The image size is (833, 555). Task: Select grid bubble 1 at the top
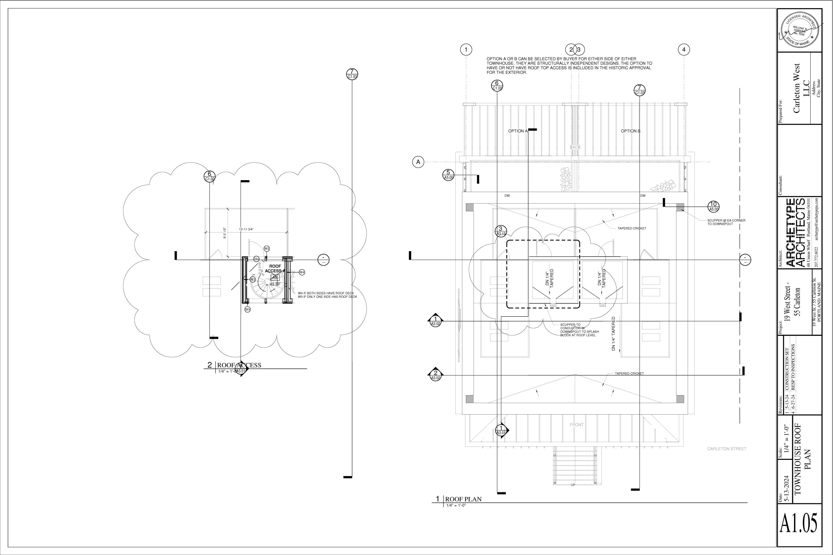[466, 50]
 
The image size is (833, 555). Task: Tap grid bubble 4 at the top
[684, 50]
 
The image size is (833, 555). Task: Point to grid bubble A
[418, 162]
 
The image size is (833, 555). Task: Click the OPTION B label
[630, 131]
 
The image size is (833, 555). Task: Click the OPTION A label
[518, 131]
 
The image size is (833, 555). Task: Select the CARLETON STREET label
[727, 449]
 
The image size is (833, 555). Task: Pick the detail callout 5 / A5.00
[448, 175]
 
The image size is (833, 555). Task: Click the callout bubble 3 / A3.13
[501, 231]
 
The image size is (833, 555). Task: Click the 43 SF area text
[275, 284]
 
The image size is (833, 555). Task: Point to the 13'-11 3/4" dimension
[246, 229]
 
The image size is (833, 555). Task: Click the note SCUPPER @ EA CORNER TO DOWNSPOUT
[726, 222]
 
